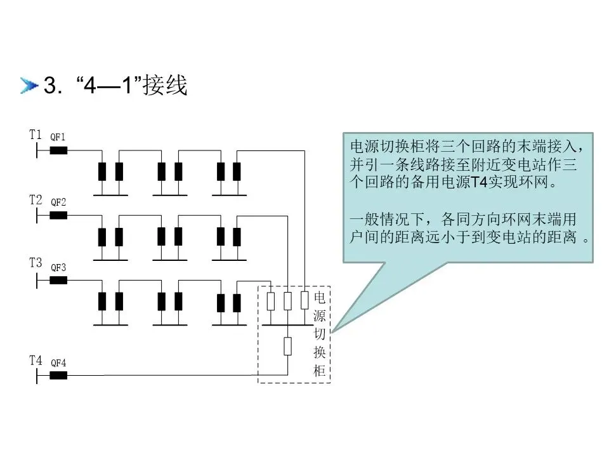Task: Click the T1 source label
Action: [x=36, y=135]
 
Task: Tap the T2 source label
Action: [x=36, y=200]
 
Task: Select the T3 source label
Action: [x=36, y=263]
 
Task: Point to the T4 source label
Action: [x=36, y=361]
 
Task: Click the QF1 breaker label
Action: [x=58, y=137]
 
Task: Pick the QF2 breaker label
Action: [x=58, y=202]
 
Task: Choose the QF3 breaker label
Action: [x=58, y=267]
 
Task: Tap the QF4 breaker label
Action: [x=58, y=363]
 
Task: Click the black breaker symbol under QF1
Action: [x=58, y=150]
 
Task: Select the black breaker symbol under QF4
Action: [x=58, y=375]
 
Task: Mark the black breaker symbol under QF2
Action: [x=58, y=215]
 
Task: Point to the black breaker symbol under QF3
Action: [x=58, y=280]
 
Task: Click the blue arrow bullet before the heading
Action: [x=29, y=86]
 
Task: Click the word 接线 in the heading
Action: [x=166, y=86]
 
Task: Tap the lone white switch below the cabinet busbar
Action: [x=288, y=347]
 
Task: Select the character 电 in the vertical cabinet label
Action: [x=320, y=297]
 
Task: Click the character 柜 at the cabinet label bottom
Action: [x=320, y=371]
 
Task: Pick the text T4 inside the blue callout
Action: [x=477, y=183]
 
